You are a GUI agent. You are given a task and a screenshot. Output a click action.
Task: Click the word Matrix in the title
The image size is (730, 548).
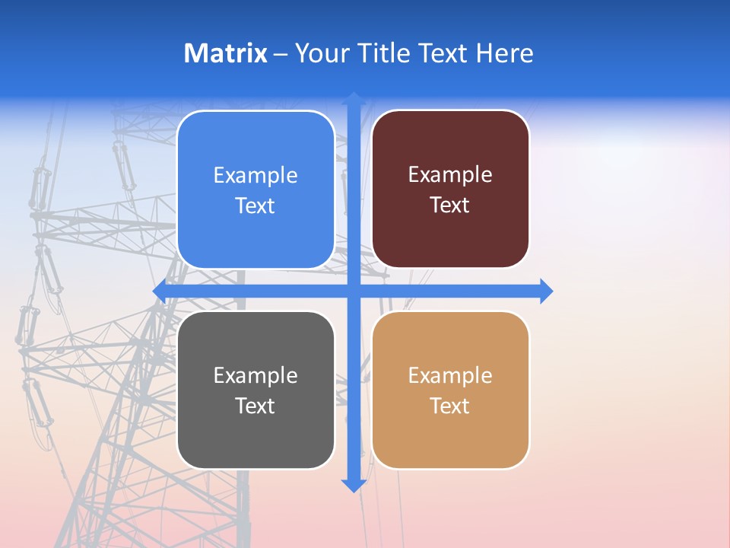click(225, 53)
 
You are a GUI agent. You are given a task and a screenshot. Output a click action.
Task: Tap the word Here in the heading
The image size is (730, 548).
click(504, 53)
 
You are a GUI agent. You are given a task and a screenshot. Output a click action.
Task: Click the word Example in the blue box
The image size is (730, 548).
click(255, 176)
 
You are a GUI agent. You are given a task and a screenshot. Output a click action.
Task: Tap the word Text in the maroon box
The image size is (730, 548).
click(450, 205)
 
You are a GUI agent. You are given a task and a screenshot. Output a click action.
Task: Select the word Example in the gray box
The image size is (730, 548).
click(255, 376)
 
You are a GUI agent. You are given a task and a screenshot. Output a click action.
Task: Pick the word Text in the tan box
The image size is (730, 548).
click(450, 406)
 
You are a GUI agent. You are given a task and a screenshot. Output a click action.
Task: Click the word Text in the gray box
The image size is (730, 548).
click(255, 406)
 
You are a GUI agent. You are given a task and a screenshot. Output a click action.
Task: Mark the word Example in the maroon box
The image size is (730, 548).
click(450, 175)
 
